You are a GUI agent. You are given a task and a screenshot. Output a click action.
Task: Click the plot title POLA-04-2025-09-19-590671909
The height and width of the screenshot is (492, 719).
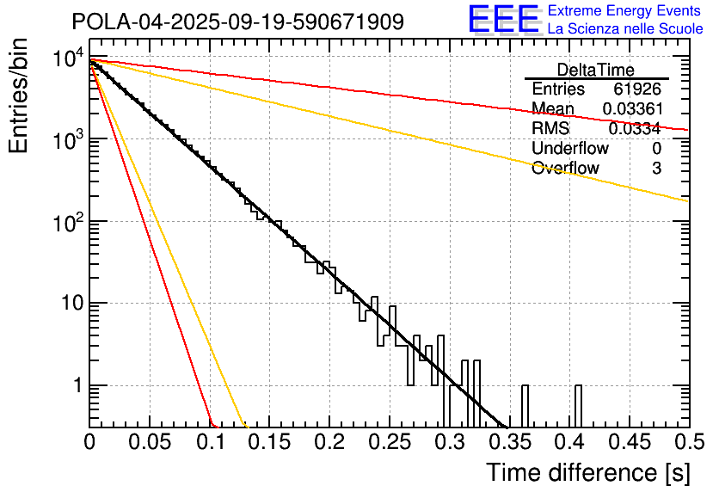tap(237, 22)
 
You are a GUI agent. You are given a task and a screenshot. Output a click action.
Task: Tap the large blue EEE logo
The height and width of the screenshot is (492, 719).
tap(503, 21)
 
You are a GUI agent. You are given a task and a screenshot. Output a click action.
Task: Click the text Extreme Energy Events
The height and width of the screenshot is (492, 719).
tap(625, 11)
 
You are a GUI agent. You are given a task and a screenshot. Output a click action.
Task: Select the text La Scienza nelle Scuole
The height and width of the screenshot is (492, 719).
tap(625, 29)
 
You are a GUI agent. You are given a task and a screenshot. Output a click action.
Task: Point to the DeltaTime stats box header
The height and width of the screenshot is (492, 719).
tap(595, 70)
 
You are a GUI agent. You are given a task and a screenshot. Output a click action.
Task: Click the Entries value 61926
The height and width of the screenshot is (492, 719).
tap(636, 89)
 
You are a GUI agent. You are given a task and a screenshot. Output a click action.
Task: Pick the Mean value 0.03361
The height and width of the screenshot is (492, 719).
tap(631, 108)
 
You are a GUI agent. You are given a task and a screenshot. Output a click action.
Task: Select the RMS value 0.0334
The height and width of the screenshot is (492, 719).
tap(634, 128)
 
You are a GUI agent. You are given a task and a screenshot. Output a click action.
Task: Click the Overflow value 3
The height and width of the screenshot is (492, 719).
tap(656, 168)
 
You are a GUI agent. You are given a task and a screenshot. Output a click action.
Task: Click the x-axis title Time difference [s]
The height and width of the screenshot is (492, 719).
tap(587, 472)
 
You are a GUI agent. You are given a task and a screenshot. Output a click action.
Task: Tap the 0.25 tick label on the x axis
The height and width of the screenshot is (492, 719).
tap(389, 443)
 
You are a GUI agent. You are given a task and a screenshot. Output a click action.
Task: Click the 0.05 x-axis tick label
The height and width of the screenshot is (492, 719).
tap(149, 443)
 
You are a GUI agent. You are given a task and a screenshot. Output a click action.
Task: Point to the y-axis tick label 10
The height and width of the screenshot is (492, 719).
tap(70, 304)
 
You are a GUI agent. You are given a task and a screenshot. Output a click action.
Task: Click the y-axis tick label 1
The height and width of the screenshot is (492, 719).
tap(76, 385)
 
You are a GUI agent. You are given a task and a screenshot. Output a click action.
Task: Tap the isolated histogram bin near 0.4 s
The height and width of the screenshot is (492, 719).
tap(578, 405)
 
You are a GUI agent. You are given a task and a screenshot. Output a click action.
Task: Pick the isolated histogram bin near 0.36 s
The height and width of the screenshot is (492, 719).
tap(525, 405)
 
